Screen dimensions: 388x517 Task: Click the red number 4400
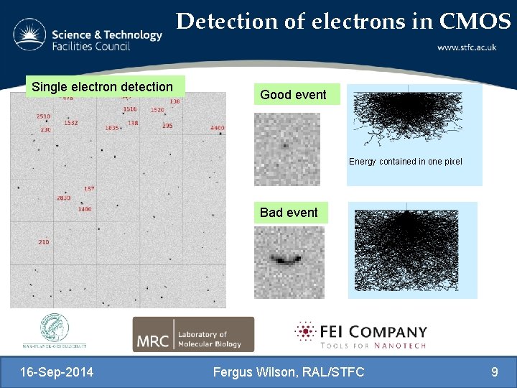(x=217, y=128)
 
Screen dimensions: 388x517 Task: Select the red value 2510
(x=43, y=116)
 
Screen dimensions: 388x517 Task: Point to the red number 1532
(x=70, y=123)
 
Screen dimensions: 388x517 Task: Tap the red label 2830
(x=63, y=198)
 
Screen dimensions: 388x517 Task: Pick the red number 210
(x=44, y=242)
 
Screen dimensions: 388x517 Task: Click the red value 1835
(x=112, y=128)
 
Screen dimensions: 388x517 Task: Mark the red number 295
(x=167, y=126)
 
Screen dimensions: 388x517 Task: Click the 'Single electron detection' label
(x=103, y=87)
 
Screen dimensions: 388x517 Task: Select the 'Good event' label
(x=293, y=95)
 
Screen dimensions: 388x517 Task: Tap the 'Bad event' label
(x=289, y=213)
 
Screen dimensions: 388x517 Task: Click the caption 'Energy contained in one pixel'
(x=405, y=162)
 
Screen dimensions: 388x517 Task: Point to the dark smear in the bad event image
(x=287, y=259)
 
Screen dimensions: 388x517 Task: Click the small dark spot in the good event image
(x=285, y=145)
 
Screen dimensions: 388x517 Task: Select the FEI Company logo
(x=360, y=335)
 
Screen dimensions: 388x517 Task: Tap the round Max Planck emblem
(x=55, y=328)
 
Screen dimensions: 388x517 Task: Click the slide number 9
(x=494, y=372)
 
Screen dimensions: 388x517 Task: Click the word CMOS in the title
(x=475, y=22)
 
